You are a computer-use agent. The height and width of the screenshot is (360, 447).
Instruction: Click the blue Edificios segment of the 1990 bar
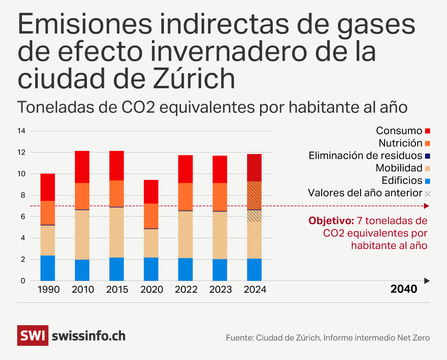[x=48, y=268]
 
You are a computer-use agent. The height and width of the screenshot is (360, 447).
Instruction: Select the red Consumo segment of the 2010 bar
[x=82, y=167]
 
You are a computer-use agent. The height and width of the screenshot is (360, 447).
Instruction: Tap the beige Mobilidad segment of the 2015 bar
[x=116, y=232]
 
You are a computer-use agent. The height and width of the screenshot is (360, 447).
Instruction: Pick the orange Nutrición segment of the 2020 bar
[x=151, y=216]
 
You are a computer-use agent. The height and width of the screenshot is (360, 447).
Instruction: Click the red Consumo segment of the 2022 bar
[x=185, y=169]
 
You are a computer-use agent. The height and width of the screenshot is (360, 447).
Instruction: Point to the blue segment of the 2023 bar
[x=220, y=270]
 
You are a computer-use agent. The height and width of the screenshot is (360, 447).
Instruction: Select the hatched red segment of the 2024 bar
[x=254, y=168]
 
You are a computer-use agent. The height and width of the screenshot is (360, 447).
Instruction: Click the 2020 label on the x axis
[x=151, y=289]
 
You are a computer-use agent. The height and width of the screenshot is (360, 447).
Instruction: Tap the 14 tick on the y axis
[x=21, y=131]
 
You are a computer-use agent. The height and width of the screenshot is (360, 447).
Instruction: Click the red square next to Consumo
[x=428, y=131]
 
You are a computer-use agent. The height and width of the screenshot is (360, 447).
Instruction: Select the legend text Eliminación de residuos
[x=365, y=156]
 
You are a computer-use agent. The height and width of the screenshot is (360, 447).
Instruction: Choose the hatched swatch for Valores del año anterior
[x=428, y=193]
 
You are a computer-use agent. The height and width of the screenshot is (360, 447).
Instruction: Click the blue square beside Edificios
[x=428, y=181]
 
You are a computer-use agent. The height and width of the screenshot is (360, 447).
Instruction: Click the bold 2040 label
[x=404, y=289]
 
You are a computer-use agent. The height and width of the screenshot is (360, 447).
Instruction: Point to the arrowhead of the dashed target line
[x=427, y=206]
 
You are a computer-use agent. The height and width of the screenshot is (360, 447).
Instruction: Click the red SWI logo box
[x=33, y=336]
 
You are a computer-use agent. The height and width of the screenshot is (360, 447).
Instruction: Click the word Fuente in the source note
[x=239, y=338]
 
